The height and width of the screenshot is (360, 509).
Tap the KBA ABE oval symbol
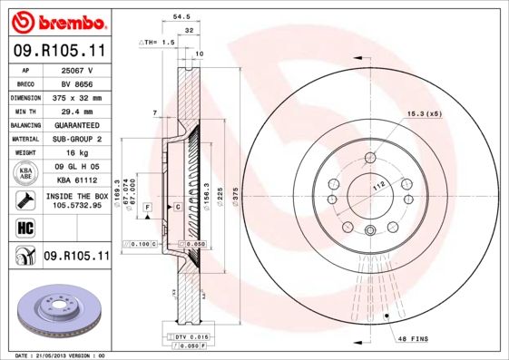(x=26, y=172)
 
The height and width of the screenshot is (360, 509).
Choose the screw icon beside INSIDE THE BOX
(x=26, y=199)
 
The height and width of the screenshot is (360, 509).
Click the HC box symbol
(x=26, y=227)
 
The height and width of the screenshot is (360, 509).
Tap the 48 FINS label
(x=413, y=338)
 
